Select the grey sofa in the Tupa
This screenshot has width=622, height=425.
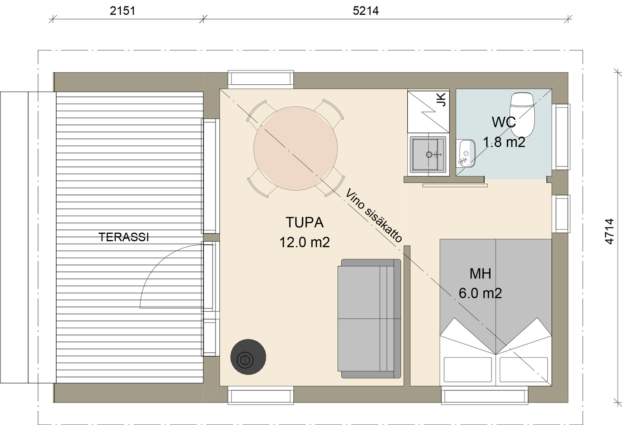click(x=369, y=319)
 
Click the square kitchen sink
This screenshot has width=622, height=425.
click(x=428, y=154)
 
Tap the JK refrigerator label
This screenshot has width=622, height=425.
click(x=441, y=99)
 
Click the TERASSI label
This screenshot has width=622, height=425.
click(x=124, y=237)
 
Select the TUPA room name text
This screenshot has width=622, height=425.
click(x=304, y=223)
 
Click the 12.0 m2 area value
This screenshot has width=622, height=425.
click(x=304, y=243)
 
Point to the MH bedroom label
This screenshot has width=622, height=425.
click(x=480, y=274)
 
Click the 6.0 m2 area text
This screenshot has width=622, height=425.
click(x=480, y=294)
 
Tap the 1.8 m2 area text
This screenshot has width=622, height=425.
click(x=504, y=142)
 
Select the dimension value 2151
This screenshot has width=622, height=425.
click(x=123, y=10)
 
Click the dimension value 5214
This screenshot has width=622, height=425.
click(x=365, y=10)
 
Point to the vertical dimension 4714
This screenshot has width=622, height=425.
click(x=609, y=231)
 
